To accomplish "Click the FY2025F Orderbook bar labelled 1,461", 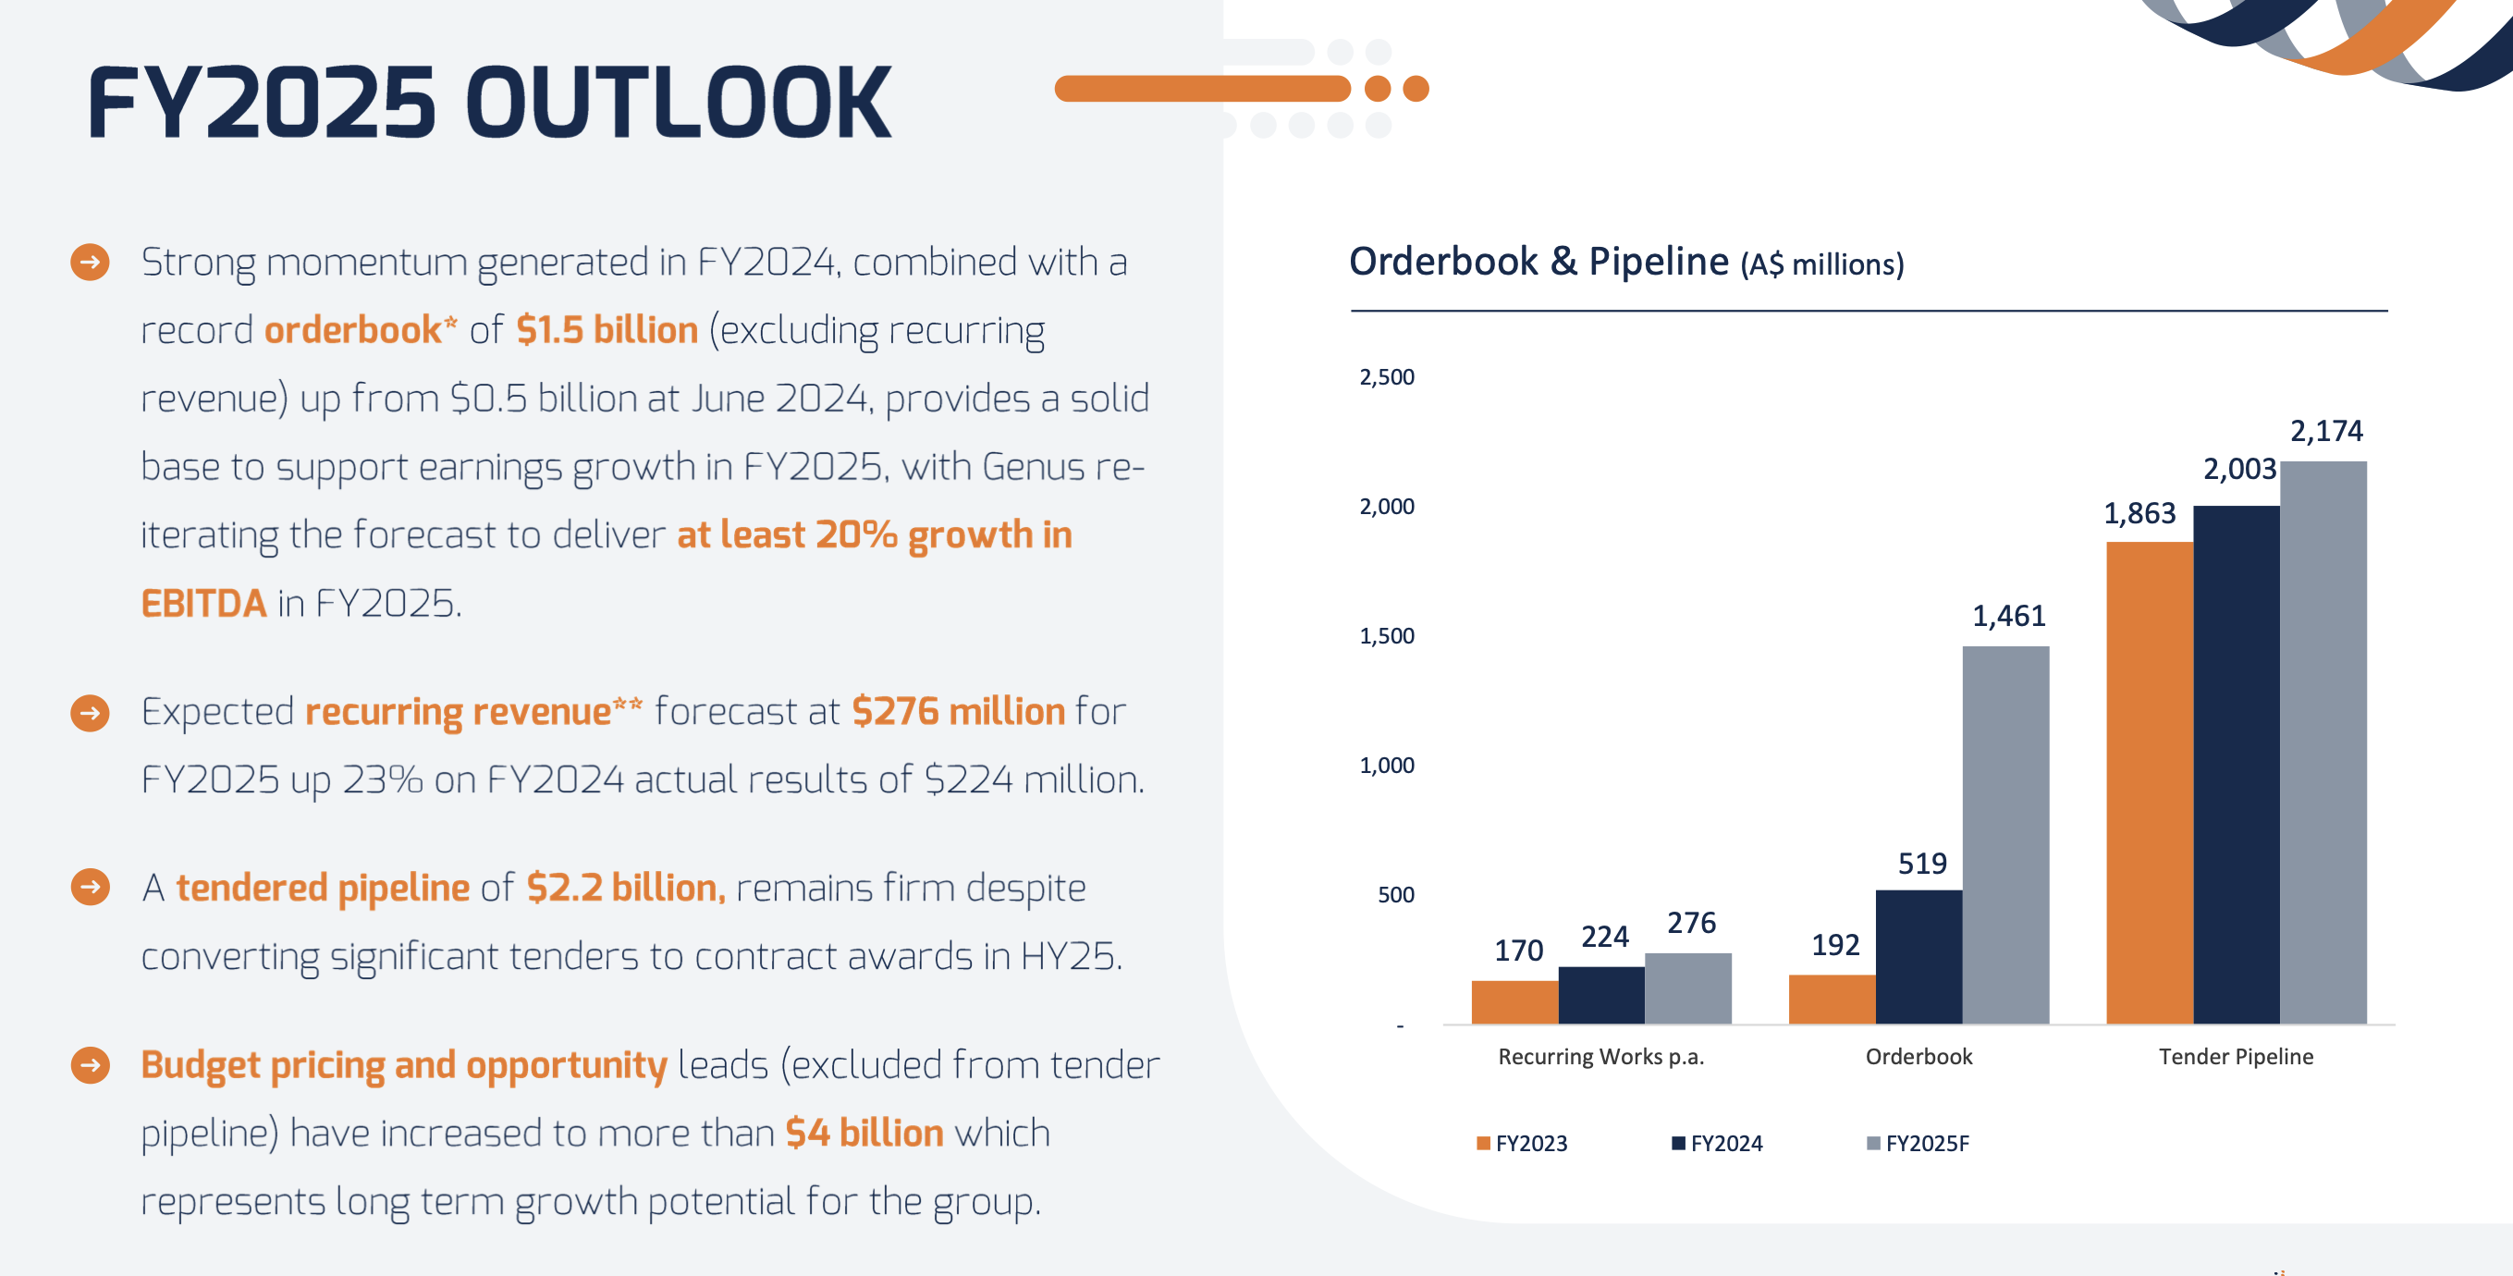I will click(x=2004, y=834).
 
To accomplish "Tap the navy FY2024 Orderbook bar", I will click(x=1918, y=956).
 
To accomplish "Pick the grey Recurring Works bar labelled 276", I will click(x=1687, y=988).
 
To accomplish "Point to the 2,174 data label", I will click(x=2325, y=430).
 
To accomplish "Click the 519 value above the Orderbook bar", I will click(x=1922, y=864).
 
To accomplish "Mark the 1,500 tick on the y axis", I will click(x=1386, y=636).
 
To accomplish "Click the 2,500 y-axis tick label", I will click(x=1386, y=376).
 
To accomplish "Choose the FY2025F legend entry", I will click(x=1918, y=1144).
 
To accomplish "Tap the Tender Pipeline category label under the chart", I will click(x=2235, y=1057).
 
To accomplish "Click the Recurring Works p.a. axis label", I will click(x=1600, y=1057).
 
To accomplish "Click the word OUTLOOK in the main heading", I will click(x=678, y=103).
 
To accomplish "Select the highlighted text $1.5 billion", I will click(x=607, y=330).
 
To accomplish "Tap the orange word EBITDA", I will click(x=202, y=603).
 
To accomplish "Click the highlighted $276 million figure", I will click(x=958, y=711).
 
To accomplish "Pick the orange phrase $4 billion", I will click(x=864, y=1133).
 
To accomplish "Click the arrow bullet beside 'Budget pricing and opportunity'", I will click(x=91, y=1064).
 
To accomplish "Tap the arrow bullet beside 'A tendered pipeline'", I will click(x=91, y=887).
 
